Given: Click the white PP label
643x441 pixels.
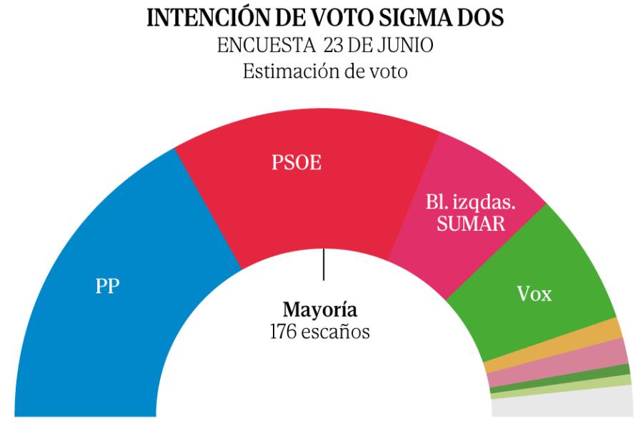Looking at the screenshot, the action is (x=107, y=286).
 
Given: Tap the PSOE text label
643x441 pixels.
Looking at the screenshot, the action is (x=296, y=162).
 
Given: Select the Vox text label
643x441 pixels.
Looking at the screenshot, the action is (x=534, y=294).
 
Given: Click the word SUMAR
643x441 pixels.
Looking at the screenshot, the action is (x=471, y=224).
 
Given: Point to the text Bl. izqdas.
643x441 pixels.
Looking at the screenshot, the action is (x=470, y=202).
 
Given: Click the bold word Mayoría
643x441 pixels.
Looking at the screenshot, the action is (x=320, y=309).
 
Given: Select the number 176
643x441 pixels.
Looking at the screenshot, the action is (x=282, y=332).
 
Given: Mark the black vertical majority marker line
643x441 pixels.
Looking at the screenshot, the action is (x=324, y=264).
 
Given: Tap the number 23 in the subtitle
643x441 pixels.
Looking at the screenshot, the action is (x=333, y=45).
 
